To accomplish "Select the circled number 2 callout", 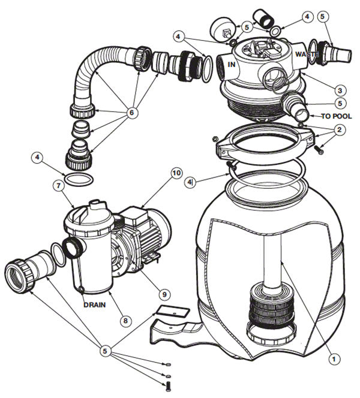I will tap(339, 129).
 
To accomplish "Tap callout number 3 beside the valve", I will tap(340, 89).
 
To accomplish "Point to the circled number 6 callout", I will tap(130, 112).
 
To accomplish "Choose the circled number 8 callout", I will tap(124, 321).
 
